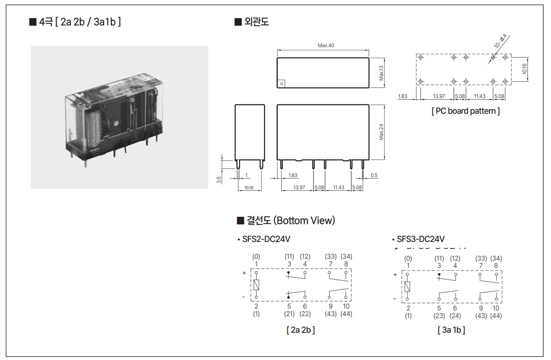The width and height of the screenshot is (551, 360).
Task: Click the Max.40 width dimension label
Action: (x=326, y=46)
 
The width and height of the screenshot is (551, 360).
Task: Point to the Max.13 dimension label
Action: (x=381, y=73)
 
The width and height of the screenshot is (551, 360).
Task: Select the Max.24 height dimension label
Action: (x=381, y=132)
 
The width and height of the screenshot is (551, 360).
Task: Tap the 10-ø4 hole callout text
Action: (x=500, y=41)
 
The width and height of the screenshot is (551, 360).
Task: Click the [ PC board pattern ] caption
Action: (x=466, y=111)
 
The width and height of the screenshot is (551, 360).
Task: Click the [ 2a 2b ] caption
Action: (x=300, y=330)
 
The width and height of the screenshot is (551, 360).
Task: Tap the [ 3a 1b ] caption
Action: (x=451, y=330)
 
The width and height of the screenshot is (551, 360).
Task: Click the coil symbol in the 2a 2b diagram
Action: (x=256, y=285)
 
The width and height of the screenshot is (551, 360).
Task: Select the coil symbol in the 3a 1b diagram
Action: (x=407, y=287)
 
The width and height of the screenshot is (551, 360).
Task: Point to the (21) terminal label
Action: (x=289, y=314)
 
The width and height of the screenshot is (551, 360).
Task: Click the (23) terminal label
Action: (x=439, y=316)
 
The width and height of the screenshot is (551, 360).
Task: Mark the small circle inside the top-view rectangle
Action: (x=282, y=84)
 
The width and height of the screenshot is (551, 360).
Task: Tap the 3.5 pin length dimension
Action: (x=219, y=180)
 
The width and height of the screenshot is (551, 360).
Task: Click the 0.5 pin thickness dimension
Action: (x=374, y=175)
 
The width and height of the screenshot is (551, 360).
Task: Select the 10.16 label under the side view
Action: (x=249, y=188)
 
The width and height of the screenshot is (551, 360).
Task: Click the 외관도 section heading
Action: (x=256, y=22)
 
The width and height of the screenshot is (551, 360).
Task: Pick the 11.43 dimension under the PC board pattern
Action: (x=480, y=96)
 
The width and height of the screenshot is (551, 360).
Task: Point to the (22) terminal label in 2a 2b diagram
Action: (x=305, y=314)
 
